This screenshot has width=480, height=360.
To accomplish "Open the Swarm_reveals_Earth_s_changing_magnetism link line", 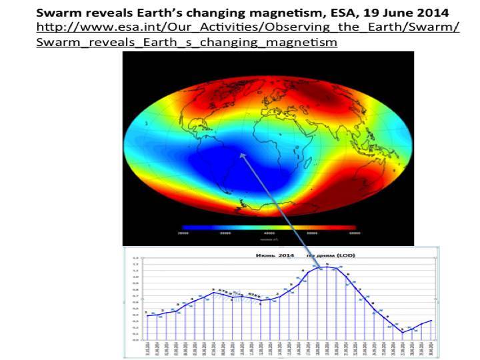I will pyautogui.click(x=186, y=42).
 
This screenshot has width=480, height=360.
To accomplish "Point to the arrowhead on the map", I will pyautogui.click(x=242, y=155).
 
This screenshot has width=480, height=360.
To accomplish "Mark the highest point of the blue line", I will pyautogui.click(x=327, y=267).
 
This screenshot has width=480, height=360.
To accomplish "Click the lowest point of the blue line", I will pyautogui.click(x=403, y=331).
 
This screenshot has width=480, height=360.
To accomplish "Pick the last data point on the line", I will pyautogui.click(x=431, y=321).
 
